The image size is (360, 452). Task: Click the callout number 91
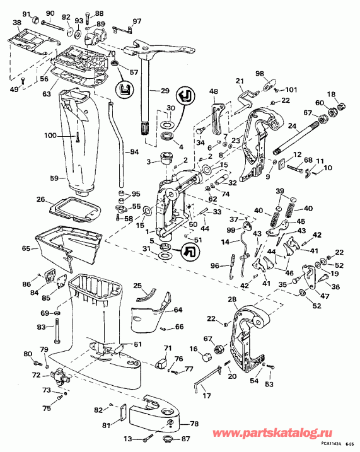coord(26,14)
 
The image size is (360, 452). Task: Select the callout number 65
coord(26,250)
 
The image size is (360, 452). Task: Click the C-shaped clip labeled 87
coord(169,439)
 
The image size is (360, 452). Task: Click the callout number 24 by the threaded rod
coord(292,125)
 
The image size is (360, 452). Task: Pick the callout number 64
coord(177,310)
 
